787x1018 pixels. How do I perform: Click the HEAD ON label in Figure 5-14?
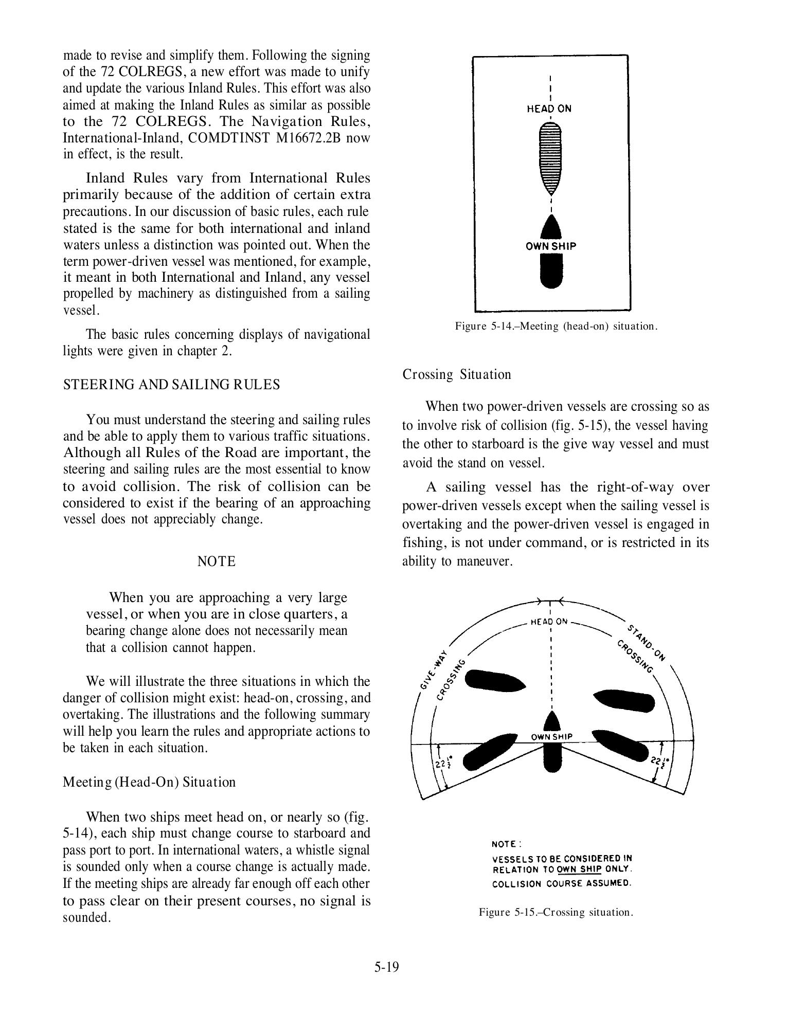pos(549,109)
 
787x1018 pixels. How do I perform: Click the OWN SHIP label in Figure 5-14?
pos(551,246)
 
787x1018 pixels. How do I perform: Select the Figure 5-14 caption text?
pos(556,326)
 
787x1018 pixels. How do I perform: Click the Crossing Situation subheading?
pos(457,374)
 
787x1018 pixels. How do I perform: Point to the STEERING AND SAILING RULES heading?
pos(171,385)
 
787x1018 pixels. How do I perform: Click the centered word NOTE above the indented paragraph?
pos(217,561)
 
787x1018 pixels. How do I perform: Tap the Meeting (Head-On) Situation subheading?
pos(149,782)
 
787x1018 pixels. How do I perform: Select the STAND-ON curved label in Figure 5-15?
pos(646,642)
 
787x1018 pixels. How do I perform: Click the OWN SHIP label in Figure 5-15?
pos(551,737)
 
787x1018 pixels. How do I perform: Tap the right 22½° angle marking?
pos(656,761)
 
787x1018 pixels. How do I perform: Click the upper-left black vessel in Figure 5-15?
pos(494,681)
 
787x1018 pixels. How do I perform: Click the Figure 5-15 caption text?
pos(556,913)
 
